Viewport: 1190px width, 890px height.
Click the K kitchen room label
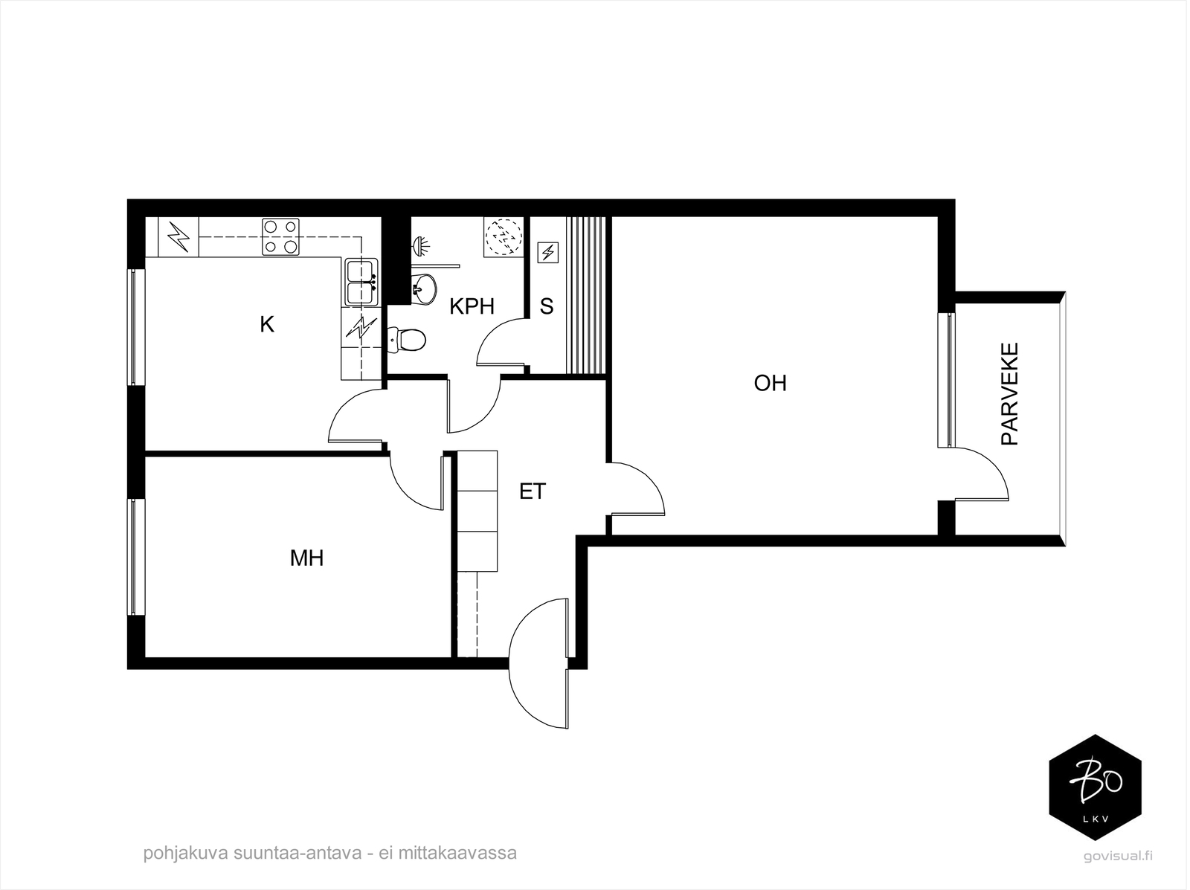(267, 325)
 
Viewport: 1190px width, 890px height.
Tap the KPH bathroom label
(472, 307)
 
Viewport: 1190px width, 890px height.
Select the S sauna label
(547, 307)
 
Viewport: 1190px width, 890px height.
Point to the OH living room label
(770, 383)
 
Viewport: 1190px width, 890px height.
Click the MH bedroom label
(307, 558)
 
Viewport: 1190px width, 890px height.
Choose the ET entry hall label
(533, 491)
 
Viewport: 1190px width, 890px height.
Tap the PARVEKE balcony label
(1009, 394)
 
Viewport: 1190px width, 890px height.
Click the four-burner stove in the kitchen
(280, 236)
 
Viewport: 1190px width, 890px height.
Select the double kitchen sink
(361, 282)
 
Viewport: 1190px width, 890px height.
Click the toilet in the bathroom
(407, 340)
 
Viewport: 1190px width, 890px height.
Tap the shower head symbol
(421, 246)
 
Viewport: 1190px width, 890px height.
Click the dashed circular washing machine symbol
(504, 236)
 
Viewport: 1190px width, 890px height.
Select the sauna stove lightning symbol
(547, 253)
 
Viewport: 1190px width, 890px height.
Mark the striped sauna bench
(585, 295)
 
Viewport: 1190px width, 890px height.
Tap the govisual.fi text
(1118, 857)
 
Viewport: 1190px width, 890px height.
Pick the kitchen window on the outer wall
(136, 327)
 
